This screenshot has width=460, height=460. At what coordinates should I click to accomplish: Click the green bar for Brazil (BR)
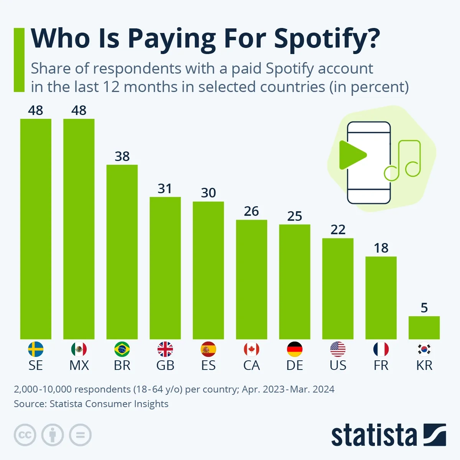(x=122, y=252)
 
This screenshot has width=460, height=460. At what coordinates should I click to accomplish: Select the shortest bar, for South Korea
(x=424, y=328)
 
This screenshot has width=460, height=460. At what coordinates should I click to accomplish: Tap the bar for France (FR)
(x=381, y=298)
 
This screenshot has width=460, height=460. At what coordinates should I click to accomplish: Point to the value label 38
(x=122, y=156)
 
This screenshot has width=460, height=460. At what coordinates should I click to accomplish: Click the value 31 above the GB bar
(x=165, y=189)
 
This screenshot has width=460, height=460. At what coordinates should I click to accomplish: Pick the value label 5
(x=424, y=308)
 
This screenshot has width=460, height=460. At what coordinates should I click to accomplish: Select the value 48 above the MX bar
(x=79, y=110)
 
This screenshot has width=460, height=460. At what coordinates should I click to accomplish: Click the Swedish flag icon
(x=36, y=349)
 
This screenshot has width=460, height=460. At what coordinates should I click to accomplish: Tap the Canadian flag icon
(x=251, y=349)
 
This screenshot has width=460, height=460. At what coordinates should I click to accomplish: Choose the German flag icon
(x=295, y=349)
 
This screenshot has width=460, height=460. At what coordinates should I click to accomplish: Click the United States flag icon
(x=338, y=349)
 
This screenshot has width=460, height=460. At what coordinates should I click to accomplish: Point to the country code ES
(x=209, y=365)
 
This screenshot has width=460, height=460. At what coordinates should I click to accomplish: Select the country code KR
(x=424, y=365)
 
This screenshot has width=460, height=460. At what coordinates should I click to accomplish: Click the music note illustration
(x=404, y=161)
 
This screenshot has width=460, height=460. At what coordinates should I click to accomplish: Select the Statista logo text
(x=374, y=435)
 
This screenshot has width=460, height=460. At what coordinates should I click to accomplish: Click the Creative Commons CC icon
(x=25, y=435)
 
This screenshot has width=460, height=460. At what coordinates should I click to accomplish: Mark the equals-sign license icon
(x=80, y=435)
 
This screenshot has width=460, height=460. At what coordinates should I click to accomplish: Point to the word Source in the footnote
(x=29, y=404)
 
